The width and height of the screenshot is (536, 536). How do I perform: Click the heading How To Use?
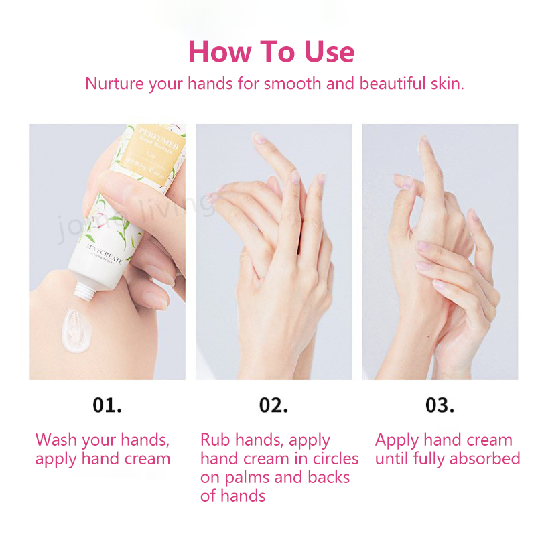pos(271,52)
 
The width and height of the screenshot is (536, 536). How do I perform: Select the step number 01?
pos(107,405)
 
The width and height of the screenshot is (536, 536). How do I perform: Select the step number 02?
pos(273,405)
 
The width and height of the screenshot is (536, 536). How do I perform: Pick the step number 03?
pos(440,405)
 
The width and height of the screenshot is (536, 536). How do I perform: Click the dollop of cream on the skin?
pos(78,330)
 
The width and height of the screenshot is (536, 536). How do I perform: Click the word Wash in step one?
pos(56,440)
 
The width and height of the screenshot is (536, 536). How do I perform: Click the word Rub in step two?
pos(216,440)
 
